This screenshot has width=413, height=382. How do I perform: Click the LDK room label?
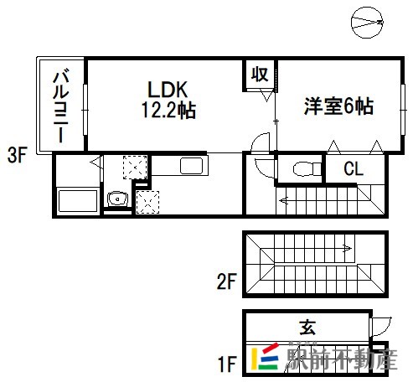click(168, 90)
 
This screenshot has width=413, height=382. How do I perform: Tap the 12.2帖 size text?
click(168, 110)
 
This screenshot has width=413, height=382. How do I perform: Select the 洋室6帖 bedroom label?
click(339, 106)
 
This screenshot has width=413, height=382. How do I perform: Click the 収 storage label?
click(260, 75)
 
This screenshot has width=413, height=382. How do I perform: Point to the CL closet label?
click(354, 168)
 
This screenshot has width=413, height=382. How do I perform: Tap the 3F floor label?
click(17, 155)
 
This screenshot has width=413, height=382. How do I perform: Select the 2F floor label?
click(227, 281)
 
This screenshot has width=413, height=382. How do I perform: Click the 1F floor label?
click(227, 364)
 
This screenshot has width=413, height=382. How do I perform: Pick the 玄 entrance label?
click(307, 328)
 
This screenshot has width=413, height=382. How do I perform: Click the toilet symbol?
click(307, 169)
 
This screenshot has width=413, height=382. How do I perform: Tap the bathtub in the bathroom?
click(78, 201)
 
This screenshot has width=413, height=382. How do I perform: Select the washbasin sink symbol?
click(117, 199)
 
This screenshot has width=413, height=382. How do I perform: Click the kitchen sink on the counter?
click(192, 166)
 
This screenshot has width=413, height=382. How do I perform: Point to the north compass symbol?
click(367, 23)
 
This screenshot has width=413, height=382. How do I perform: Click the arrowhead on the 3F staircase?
click(283, 200)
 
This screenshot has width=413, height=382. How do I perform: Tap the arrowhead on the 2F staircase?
click(348, 248)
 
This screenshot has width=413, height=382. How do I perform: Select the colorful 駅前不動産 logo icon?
click(265, 358)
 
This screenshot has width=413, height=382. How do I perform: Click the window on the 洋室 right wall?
click(403, 110)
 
